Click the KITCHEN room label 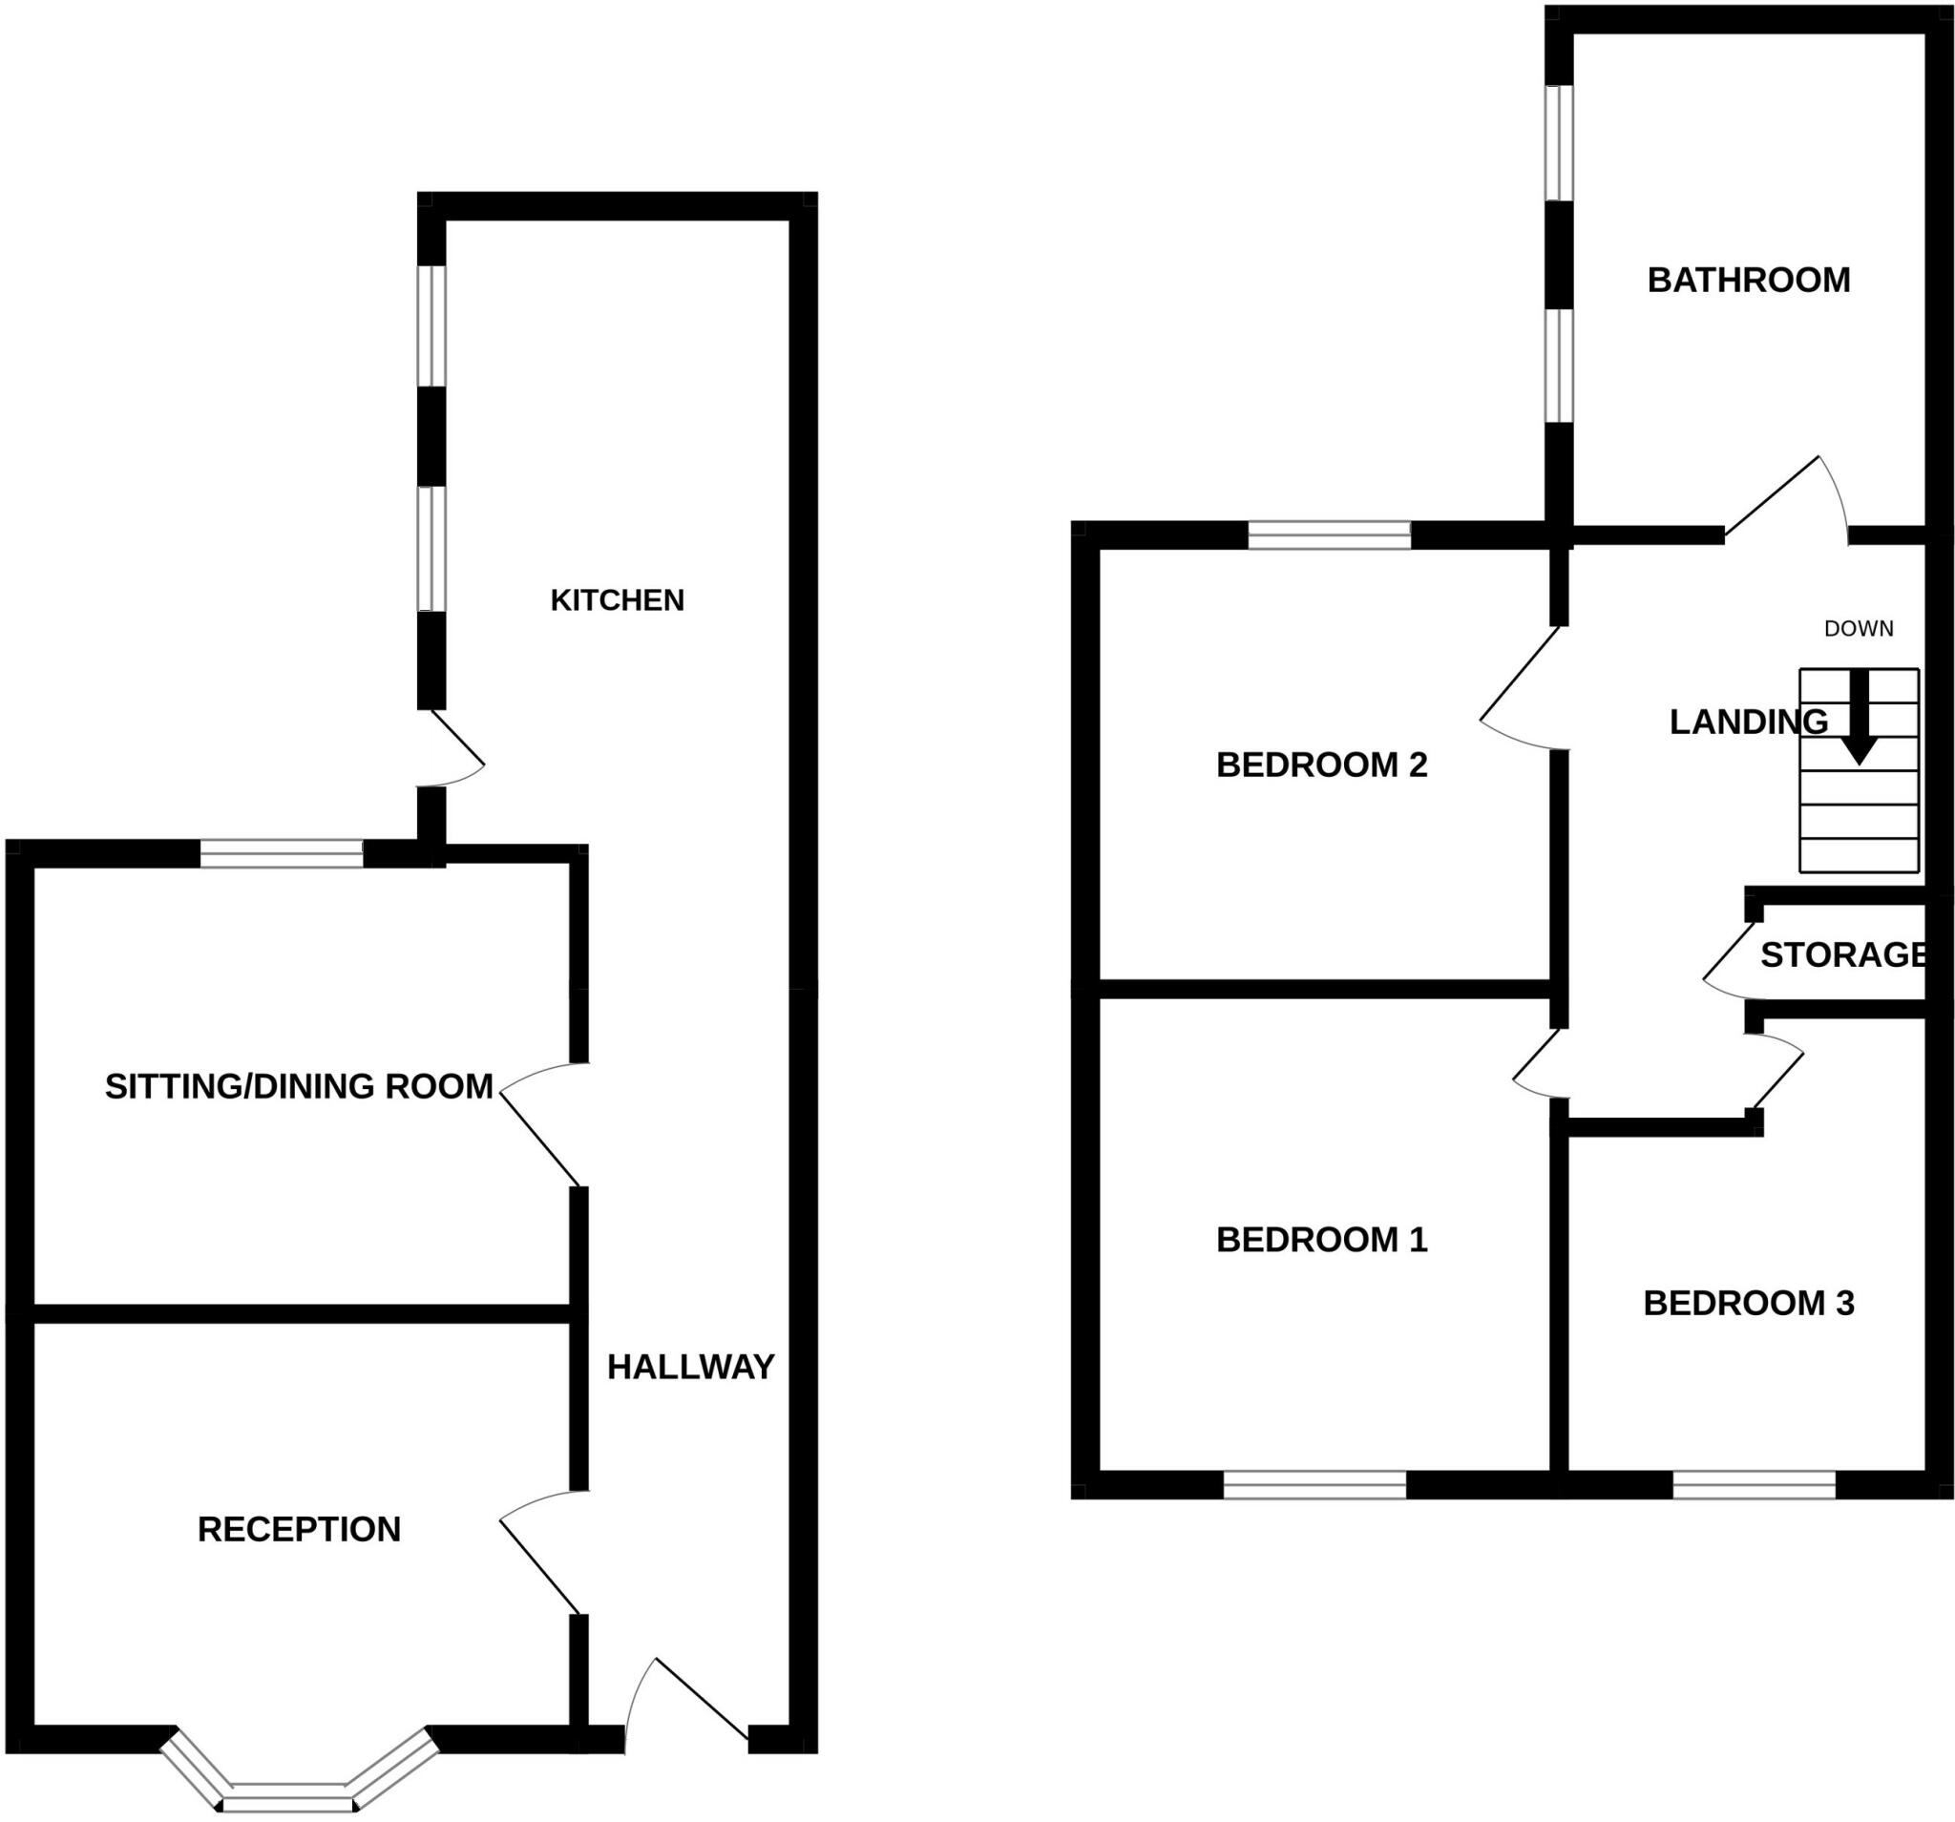click(x=617, y=599)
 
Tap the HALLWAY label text click(x=690, y=1367)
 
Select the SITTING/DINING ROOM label click(x=299, y=1086)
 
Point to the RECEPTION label click(x=299, y=1529)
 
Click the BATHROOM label click(x=1749, y=281)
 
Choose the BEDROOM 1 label click(x=1322, y=1240)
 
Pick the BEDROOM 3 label click(x=1749, y=1304)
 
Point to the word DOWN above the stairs click(x=1859, y=629)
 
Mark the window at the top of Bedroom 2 click(x=1330, y=535)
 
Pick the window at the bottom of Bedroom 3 click(x=1755, y=1486)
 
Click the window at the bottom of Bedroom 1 click(x=1314, y=1486)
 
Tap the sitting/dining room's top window click(x=283, y=853)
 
